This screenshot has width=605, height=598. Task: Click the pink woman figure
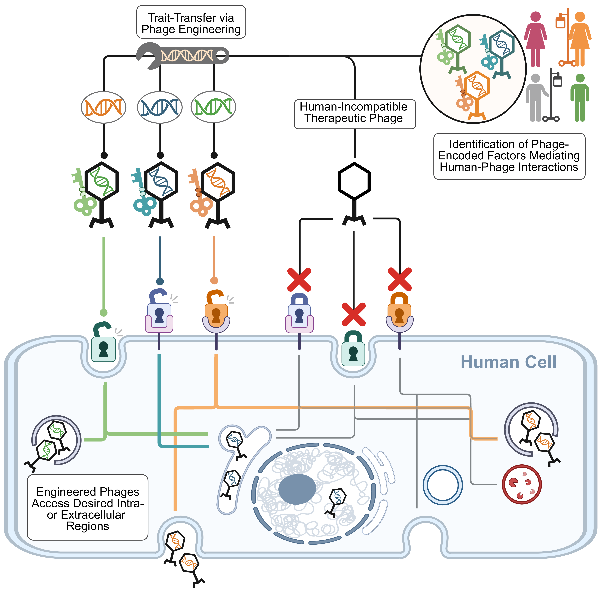coord(535,39)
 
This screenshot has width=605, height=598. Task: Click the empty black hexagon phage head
coord(354,181)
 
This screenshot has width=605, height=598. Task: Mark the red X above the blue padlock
coord(299,280)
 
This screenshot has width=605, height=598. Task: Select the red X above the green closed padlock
coord(354,314)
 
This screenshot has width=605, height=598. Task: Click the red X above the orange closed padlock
coord(400,279)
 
